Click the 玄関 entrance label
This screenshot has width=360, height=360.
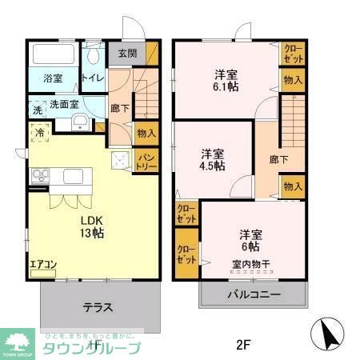pyautogui.click(x=127, y=54)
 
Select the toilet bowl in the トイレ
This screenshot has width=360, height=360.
pyautogui.click(x=94, y=57)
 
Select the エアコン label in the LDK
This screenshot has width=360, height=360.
pyautogui.click(x=42, y=264)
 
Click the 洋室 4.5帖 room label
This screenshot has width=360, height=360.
pyautogui.click(x=212, y=159)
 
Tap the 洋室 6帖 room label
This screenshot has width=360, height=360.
pyautogui.click(x=250, y=241)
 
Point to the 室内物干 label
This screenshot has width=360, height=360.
pyautogui.click(x=250, y=265)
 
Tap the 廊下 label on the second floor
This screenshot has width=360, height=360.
pyautogui.click(x=278, y=158)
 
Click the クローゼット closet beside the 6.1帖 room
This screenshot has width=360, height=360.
pyautogui.click(x=292, y=54)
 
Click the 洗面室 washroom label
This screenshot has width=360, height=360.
pyautogui.click(x=64, y=104)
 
